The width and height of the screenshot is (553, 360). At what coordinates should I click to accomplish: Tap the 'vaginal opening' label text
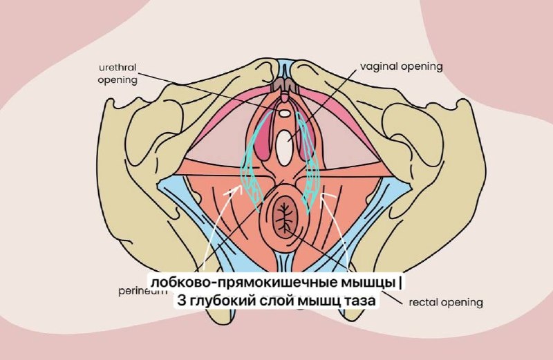click(x=401, y=67)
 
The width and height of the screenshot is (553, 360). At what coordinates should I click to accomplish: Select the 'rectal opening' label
click(x=445, y=302)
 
